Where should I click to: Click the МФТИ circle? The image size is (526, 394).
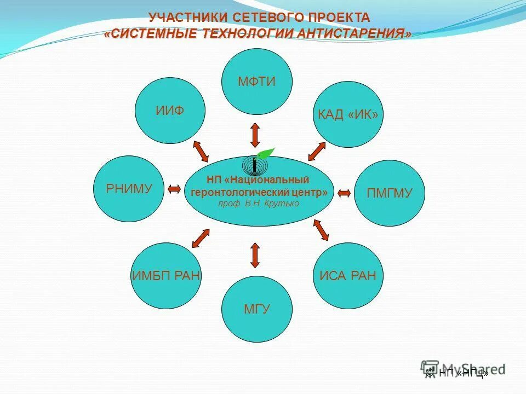point(256,82)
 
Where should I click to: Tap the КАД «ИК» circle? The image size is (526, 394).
point(348,114)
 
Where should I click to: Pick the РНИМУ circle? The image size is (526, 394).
point(129,189)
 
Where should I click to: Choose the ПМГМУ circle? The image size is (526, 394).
point(389,193)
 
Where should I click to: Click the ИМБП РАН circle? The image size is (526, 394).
point(167,275)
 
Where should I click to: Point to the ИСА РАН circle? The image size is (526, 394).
point(348,275)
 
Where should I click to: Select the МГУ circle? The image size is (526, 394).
point(256,309)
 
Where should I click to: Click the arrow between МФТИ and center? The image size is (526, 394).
point(255,135)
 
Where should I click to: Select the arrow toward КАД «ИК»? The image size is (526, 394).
point(317,151)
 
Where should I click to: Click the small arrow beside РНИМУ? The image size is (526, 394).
point(174,189)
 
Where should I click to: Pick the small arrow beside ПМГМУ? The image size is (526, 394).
point(344,193)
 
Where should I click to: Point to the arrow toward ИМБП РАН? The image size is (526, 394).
point(201,237)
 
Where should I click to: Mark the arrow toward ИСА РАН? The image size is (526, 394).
point(321,230)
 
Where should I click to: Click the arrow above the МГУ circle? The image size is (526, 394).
point(255,254)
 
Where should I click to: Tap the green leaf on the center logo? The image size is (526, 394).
point(266,154)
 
